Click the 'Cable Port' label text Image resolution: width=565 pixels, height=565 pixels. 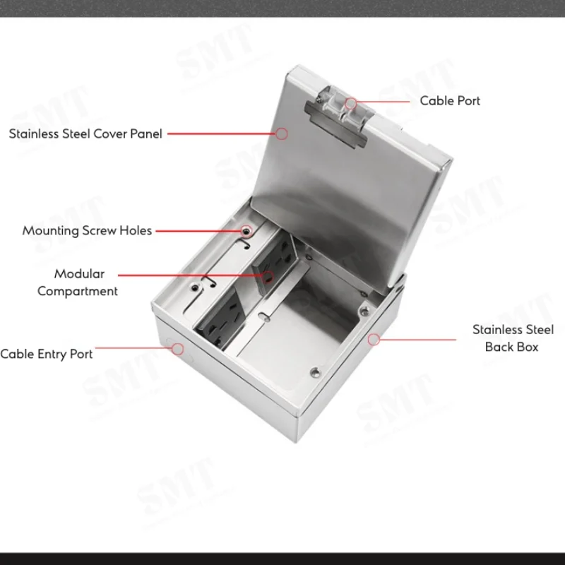point(450,101)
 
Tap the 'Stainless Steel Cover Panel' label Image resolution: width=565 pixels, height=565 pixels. point(85,133)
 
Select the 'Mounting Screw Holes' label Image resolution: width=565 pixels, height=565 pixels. point(87,231)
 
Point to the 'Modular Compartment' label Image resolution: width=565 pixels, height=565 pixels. point(78,282)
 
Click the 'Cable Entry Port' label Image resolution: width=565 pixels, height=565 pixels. point(47,354)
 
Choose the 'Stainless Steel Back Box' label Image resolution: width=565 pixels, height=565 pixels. point(513,338)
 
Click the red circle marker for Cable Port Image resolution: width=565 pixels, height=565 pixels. point(351,103)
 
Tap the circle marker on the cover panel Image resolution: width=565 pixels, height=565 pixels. point(282,133)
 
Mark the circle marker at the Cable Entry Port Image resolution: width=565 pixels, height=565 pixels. point(178,349)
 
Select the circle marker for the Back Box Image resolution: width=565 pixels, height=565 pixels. point(374,339)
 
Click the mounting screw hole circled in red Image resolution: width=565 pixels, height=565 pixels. point(246,231)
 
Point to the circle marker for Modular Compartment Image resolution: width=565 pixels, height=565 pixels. point(268,277)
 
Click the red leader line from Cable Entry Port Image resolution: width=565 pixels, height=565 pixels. point(133,348)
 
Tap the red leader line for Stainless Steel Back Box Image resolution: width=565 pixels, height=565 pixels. point(417,340)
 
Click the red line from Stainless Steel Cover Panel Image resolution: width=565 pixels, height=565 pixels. point(222,133)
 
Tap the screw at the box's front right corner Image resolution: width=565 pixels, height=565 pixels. point(316,373)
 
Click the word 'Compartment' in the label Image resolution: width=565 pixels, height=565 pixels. point(78,291)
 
